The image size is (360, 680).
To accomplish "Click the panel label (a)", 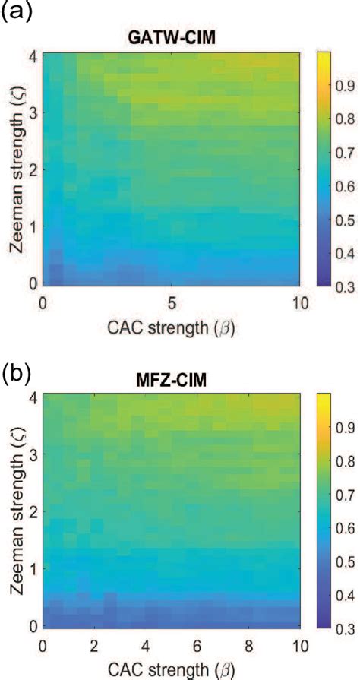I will pos(17,13).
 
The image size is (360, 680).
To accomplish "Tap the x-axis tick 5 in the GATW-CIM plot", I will pos(172,302).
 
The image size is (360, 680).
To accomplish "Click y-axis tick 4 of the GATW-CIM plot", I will pos(33,55).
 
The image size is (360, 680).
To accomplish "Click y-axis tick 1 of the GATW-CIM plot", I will pos(33,226).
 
